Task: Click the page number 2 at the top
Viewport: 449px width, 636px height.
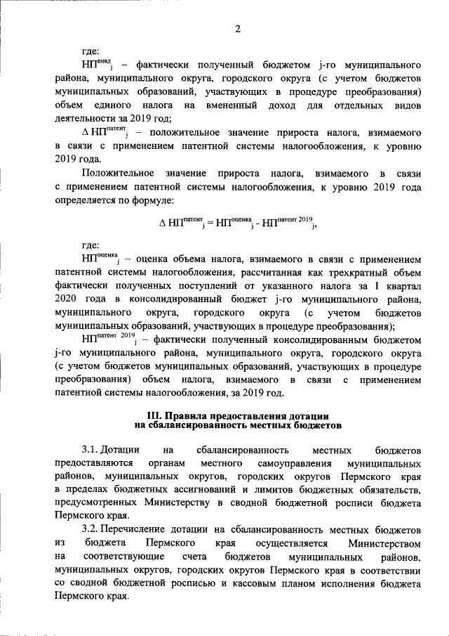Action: click(237, 28)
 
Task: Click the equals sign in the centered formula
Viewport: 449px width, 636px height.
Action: click(208, 224)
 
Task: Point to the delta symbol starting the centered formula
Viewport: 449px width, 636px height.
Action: click(163, 224)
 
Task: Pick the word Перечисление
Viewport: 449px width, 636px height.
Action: click(136, 530)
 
